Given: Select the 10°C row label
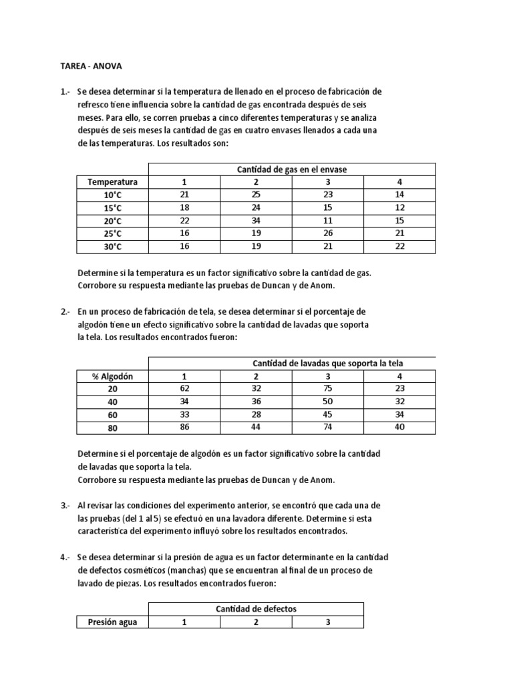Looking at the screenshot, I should coord(112,195).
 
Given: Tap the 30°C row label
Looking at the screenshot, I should coord(112,247).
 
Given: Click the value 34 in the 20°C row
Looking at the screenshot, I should coord(256,221).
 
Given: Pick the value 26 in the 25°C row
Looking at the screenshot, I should coord(327,233).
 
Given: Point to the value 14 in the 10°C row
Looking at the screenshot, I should coord(399,195).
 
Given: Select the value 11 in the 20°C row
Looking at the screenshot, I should coord(327,221).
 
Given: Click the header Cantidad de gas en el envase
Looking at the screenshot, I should coord(291,169).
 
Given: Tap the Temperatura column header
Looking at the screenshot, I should coord(112,182).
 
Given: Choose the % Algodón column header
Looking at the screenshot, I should coord(112,376).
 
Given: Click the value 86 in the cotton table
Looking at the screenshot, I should coord(184,428).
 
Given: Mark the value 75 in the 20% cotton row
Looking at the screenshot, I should coord(327,389).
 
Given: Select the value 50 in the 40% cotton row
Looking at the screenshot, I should coord(327,402).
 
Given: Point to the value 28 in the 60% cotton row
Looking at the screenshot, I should coord(256,415).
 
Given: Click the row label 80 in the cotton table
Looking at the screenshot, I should coord(112,428).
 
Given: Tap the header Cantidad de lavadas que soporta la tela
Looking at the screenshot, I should coord(327,364).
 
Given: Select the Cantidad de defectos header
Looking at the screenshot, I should coord(256,609).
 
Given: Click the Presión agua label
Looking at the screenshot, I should coord(112,622).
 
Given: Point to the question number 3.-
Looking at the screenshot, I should coord(65,506).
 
